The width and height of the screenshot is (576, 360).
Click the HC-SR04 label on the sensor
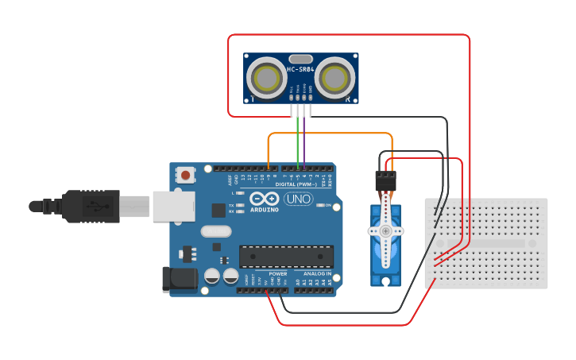300,69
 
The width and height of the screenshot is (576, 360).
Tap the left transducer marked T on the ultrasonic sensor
265,78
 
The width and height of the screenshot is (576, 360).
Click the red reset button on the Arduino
186,174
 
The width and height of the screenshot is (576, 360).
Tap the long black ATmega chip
286,256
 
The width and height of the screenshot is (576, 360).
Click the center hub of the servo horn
386,230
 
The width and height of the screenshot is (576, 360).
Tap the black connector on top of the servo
385,180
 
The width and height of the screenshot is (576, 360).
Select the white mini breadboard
487,243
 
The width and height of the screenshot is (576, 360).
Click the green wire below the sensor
298,139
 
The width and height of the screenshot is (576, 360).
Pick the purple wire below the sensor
304,139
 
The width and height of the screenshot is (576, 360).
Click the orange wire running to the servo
330,134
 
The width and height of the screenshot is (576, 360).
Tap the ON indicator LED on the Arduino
319,205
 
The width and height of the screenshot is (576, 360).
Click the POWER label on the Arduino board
277,273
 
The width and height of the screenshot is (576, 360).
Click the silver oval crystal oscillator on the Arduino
215,231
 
